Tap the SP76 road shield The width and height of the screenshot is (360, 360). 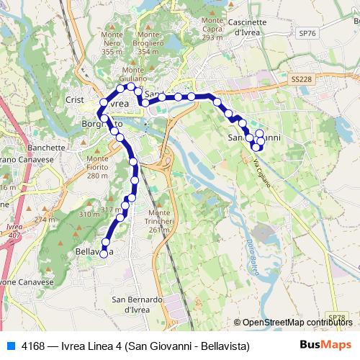[x=307, y=34]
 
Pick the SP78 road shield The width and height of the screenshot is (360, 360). [x=336, y=317]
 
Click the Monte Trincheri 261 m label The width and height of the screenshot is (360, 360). [x=159, y=221]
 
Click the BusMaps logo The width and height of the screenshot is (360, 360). [x=325, y=345]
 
